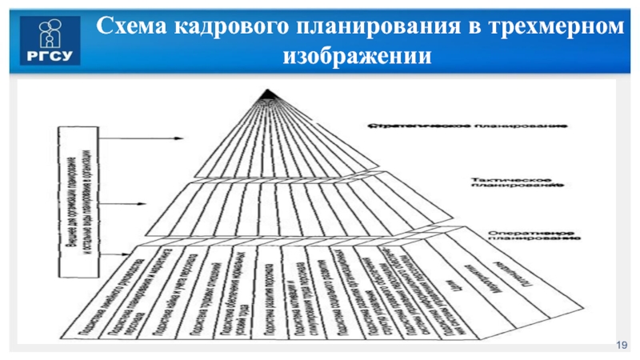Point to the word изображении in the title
click(x=357, y=57)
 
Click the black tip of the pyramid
click(x=267, y=99)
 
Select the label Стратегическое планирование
click(x=468, y=126)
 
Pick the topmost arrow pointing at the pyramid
click(x=152, y=138)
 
